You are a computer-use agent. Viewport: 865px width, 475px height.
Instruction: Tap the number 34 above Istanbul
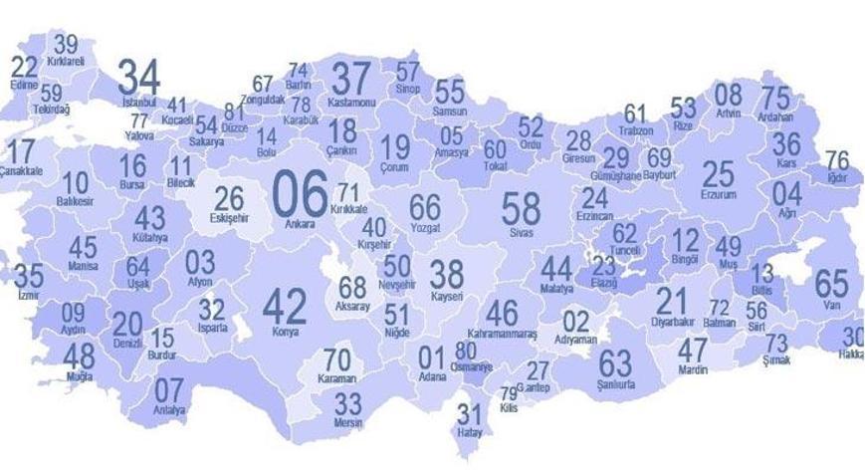(138, 76)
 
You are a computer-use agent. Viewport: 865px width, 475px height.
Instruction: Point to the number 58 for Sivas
(521, 208)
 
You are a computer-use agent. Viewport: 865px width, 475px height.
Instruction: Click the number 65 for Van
(831, 283)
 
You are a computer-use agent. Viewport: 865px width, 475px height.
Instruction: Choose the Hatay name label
(468, 432)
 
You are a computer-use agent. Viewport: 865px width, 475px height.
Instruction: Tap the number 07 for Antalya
(169, 389)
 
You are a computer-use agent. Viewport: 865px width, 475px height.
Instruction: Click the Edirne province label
(24, 86)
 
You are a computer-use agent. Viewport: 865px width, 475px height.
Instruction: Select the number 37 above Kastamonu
(350, 79)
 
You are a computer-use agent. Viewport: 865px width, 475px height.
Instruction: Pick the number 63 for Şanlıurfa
(615, 362)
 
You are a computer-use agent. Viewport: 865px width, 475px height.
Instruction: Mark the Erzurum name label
(717, 196)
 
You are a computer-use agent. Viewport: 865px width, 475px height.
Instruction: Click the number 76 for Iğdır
(837, 159)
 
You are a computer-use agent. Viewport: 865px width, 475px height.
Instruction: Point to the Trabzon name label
(635, 131)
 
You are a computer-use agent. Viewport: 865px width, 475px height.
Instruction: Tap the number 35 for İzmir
(28, 276)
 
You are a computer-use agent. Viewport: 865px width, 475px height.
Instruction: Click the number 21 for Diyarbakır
(672, 301)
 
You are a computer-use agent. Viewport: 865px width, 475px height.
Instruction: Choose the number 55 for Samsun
(450, 91)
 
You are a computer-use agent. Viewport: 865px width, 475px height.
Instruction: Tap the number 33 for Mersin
(347, 403)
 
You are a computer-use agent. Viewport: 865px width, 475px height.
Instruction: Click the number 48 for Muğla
(79, 355)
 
